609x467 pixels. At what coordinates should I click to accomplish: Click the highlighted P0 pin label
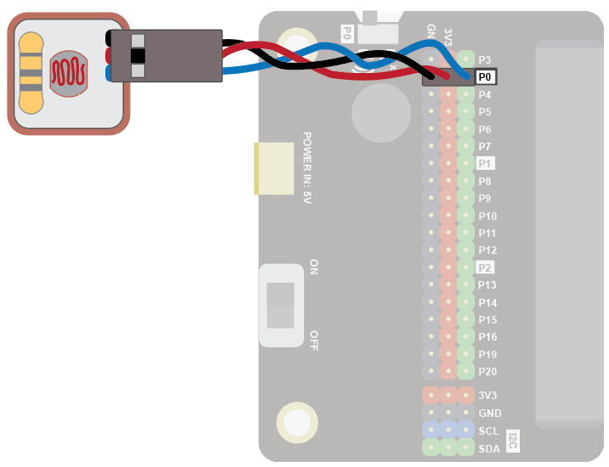click(x=486, y=76)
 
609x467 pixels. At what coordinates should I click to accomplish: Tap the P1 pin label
click(x=486, y=163)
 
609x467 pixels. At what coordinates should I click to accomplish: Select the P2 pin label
click(x=486, y=267)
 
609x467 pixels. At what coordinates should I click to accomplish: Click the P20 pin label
click(x=488, y=371)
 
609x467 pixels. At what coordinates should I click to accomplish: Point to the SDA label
click(x=489, y=448)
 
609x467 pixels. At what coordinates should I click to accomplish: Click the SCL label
click(x=489, y=430)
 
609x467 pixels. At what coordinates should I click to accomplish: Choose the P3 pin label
click(x=485, y=59)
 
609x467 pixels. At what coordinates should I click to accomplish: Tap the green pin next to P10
click(x=465, y=216)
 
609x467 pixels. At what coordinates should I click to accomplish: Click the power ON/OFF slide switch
click(x=280, y=305)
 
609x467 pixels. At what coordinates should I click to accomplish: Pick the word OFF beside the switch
click(x=313, y=340)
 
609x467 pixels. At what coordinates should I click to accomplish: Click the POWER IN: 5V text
click(x=307, y=167)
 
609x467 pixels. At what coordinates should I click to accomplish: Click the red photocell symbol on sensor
click(x=68, y=73)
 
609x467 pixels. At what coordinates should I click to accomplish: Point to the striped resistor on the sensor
click(x=31, y=73)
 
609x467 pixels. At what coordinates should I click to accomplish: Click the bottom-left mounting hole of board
click(x=296, y=422)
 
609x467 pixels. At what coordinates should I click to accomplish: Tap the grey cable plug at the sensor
click(x=166, y=56)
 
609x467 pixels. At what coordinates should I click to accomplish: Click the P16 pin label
click(x=488, y=336)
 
